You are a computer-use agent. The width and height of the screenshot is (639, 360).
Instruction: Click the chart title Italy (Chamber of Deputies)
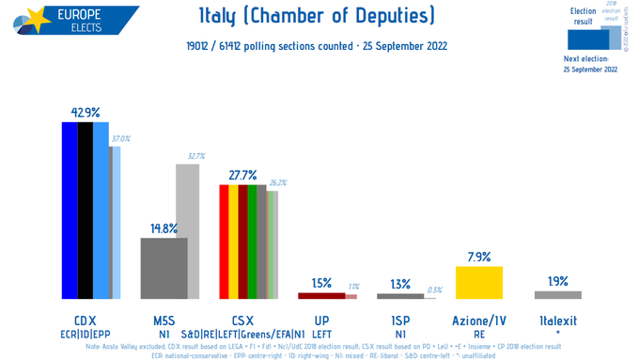coord(318,17)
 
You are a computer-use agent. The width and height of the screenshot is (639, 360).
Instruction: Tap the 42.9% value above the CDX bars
coord(85,113)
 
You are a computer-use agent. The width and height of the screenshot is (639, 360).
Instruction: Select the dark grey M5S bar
coord(164,268)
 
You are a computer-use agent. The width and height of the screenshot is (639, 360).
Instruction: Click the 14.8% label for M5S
coord(164,227)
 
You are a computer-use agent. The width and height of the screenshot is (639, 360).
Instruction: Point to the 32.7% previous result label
coord(196,156)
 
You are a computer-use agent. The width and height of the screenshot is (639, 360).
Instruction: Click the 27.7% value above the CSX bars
coord(242,175)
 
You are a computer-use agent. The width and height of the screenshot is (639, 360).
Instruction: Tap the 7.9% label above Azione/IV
coord(478,256)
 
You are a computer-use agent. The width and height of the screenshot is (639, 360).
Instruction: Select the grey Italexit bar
coord(557,295)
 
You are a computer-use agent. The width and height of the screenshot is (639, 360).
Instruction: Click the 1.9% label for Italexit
coord(557,281)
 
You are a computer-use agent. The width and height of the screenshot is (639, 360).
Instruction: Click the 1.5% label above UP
coord(321,283)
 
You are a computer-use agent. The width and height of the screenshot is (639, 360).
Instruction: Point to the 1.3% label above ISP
coord(399,284)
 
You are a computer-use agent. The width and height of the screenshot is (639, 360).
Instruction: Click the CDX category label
coord(85,320)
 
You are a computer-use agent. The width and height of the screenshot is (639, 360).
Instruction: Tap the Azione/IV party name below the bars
coord(478,320)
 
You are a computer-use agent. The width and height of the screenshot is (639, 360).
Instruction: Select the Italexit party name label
coord(557,320)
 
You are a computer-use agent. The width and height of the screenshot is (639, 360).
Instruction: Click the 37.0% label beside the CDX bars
coord(121,138)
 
